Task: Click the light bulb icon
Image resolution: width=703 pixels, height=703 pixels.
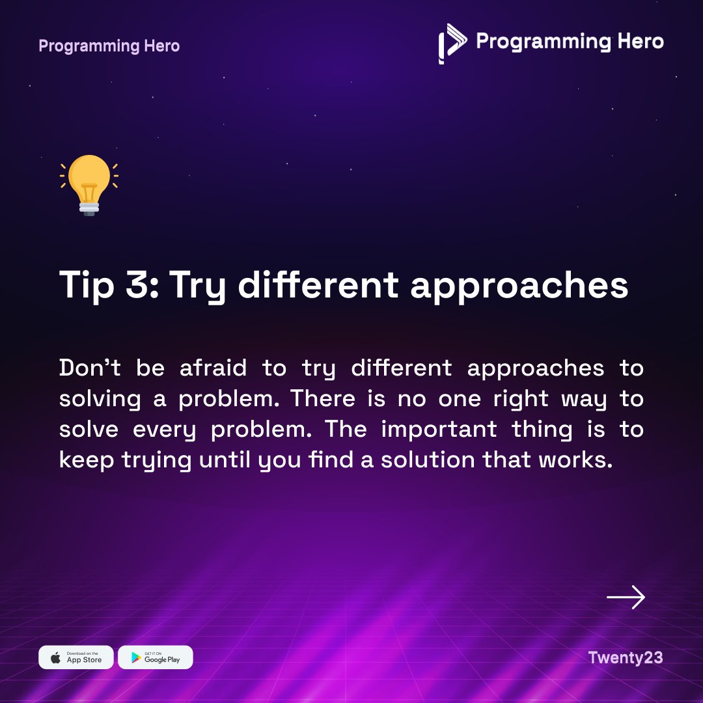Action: (89, 185)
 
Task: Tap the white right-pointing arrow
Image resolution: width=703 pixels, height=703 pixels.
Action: (626, 598)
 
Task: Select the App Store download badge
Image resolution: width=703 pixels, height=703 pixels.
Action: (76, 657)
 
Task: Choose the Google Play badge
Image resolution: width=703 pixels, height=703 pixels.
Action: (156, 657)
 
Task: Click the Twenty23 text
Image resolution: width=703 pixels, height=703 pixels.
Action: (625, 657)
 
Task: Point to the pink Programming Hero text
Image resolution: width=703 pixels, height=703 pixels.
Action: (109, 46)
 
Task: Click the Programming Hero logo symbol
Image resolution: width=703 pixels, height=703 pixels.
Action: (452, 43)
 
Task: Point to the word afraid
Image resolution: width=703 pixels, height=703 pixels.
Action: (204, 368)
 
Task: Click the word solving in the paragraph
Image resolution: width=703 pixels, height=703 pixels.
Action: (100, 399)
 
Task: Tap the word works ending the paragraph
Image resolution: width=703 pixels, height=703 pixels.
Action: (577, 460)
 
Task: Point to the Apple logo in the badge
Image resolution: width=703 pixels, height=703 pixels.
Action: (57, 657)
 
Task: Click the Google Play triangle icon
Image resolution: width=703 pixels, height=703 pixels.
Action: (136, 657)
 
